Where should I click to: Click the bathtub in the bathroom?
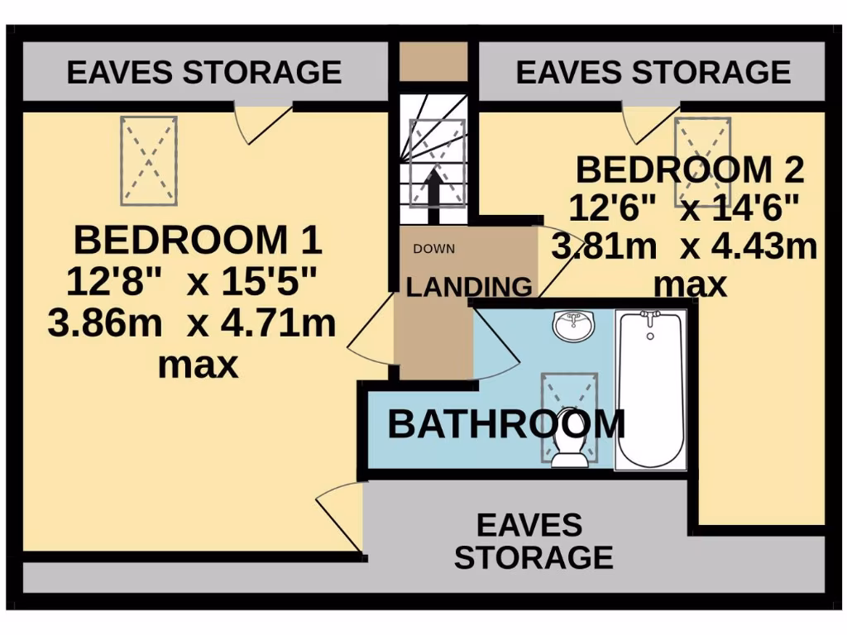[x=650, y=389]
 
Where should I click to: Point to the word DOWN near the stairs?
[x=433, y=249]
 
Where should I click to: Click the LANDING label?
[x=469, y=287]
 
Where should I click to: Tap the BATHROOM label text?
[x=505, y=424]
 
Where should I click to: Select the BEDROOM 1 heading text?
[x=197, y=241]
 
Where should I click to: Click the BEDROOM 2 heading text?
[x=689, y=170]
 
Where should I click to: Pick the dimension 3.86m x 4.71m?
[x=192, y=323]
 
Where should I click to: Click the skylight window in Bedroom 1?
[x=149, y=160]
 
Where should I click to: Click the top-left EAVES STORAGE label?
[x=203, y=72]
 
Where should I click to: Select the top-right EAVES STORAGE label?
[x=653, y=72]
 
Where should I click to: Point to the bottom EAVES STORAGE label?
[x=534, y=541]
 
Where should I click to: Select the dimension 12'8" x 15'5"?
[x=192, y=283]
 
